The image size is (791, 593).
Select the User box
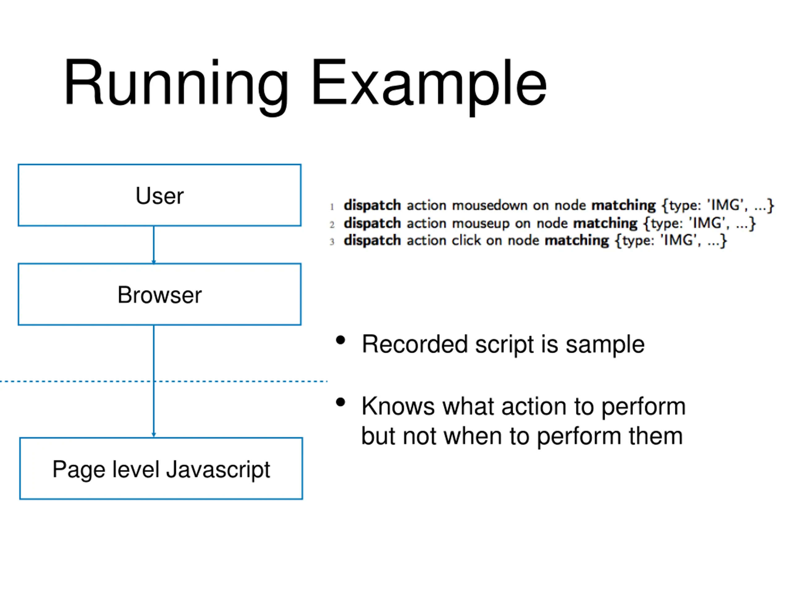[159, 195]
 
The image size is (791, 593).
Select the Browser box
[159, 294]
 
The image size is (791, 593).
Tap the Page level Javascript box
[161, 468]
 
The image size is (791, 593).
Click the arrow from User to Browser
[154, 245]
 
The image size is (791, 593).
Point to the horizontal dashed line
[163, 381]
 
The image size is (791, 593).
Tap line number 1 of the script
[332, 207]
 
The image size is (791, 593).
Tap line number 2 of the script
[332, 225]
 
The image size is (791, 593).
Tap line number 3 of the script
[332, 242]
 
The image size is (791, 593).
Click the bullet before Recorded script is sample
[341, 340]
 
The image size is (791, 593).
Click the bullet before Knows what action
[341, 402]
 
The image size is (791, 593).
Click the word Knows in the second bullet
[398, 406]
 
